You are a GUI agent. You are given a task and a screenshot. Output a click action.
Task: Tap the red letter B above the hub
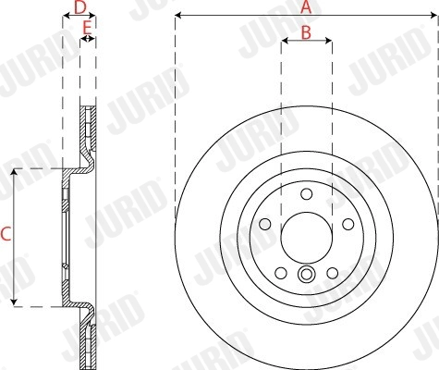(306, 32)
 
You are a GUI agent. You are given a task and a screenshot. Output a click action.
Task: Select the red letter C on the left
(6, 236)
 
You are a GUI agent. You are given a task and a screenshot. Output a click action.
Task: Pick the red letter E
(87, 29)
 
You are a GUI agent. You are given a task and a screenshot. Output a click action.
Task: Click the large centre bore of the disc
(306, 238)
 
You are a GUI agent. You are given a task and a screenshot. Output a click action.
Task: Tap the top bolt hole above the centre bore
(306, 192)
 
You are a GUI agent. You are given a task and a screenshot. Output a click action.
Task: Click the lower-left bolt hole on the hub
(281, 272)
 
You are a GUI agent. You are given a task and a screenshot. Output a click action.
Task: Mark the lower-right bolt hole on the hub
(331, 272)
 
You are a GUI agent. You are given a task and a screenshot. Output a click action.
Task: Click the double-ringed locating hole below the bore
(306, 273)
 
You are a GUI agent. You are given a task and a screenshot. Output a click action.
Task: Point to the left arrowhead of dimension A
(178, 17)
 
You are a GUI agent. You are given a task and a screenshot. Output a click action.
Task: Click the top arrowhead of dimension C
(14, 174)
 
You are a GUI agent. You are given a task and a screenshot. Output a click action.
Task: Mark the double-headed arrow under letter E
(87, 40)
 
